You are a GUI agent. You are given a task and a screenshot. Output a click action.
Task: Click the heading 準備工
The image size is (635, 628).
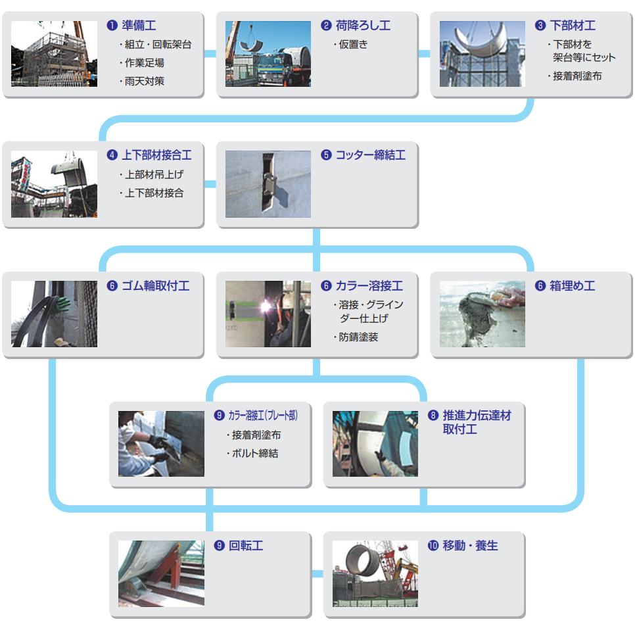139,26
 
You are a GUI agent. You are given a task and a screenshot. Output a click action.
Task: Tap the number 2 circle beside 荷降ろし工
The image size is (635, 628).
326,26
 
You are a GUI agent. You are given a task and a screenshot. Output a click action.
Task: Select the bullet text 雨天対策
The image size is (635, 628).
144,81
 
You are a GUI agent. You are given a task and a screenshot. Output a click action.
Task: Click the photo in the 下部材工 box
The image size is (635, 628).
482,54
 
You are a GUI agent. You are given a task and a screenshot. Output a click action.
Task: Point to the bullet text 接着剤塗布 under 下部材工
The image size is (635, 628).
577,76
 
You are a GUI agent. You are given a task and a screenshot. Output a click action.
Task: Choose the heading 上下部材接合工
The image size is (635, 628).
156,155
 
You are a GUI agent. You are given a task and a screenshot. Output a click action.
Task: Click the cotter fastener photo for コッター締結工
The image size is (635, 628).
268,184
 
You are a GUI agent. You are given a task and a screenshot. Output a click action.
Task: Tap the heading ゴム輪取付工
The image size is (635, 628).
156,285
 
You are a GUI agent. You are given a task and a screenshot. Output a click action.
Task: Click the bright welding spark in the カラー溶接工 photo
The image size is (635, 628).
266,306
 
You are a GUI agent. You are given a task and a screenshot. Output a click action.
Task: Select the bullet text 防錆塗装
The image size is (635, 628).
358,337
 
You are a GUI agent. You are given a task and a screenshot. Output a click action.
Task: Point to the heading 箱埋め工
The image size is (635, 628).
573,285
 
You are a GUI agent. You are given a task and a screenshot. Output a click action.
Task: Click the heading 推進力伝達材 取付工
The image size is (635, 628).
477,422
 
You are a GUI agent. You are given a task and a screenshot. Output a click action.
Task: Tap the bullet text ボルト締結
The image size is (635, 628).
255,453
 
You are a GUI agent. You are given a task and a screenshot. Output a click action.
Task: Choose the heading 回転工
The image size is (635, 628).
246,545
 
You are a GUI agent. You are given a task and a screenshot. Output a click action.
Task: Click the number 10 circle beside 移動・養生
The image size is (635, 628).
433,545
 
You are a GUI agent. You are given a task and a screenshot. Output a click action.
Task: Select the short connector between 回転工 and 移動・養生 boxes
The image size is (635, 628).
317,573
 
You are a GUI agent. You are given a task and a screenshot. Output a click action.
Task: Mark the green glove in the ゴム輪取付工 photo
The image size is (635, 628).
62,303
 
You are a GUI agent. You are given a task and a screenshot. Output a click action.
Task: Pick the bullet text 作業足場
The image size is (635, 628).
144,63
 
